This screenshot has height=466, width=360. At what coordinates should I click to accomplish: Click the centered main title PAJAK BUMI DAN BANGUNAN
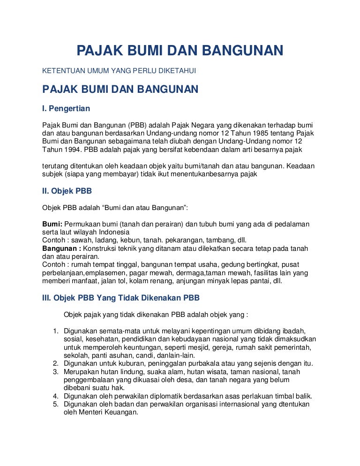[180, 51]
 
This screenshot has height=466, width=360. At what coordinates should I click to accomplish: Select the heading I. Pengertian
[66, 108]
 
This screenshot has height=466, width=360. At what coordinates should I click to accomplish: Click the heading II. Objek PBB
[67, 190]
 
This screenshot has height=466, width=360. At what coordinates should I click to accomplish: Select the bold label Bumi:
[52, 224]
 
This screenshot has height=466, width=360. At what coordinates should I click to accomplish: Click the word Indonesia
[114, 232]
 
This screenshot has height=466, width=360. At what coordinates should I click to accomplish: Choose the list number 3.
[54, 372]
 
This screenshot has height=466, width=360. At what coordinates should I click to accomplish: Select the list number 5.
[54, 404]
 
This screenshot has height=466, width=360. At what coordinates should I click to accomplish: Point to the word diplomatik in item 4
[167, 396]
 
